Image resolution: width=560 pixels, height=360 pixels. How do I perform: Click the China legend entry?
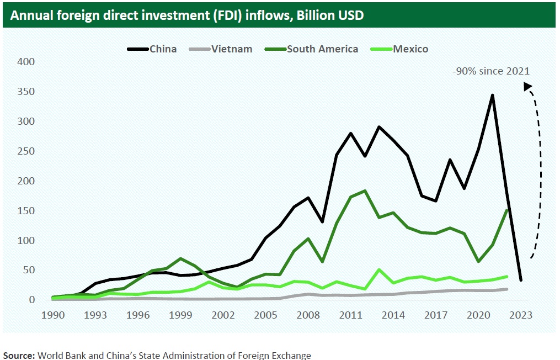click(152, 49)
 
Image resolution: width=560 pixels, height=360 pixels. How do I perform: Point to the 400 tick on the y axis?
click(26, 62)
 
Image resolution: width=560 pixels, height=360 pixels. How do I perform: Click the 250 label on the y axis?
click(26, 151)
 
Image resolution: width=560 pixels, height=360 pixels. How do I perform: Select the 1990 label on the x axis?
click(54, 315)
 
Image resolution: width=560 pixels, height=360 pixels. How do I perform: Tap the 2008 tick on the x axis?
click(307, 315)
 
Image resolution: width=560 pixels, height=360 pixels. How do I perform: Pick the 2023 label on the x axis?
click(520, 315)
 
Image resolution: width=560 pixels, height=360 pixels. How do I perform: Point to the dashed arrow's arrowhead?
click(527, 86)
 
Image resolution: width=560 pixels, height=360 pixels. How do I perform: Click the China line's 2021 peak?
click(492, 95)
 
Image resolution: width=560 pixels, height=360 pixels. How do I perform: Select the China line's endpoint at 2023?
click(520, 280)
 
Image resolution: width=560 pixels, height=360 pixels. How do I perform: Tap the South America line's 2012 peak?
click(364, 191)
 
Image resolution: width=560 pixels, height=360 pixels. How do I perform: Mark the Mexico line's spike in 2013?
click(378, 270)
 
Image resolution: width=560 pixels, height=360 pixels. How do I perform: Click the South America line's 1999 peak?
click(181, 258)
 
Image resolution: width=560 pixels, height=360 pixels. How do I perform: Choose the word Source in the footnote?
click(19, 355)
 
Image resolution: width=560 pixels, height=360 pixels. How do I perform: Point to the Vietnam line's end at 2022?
click(506, 289)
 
